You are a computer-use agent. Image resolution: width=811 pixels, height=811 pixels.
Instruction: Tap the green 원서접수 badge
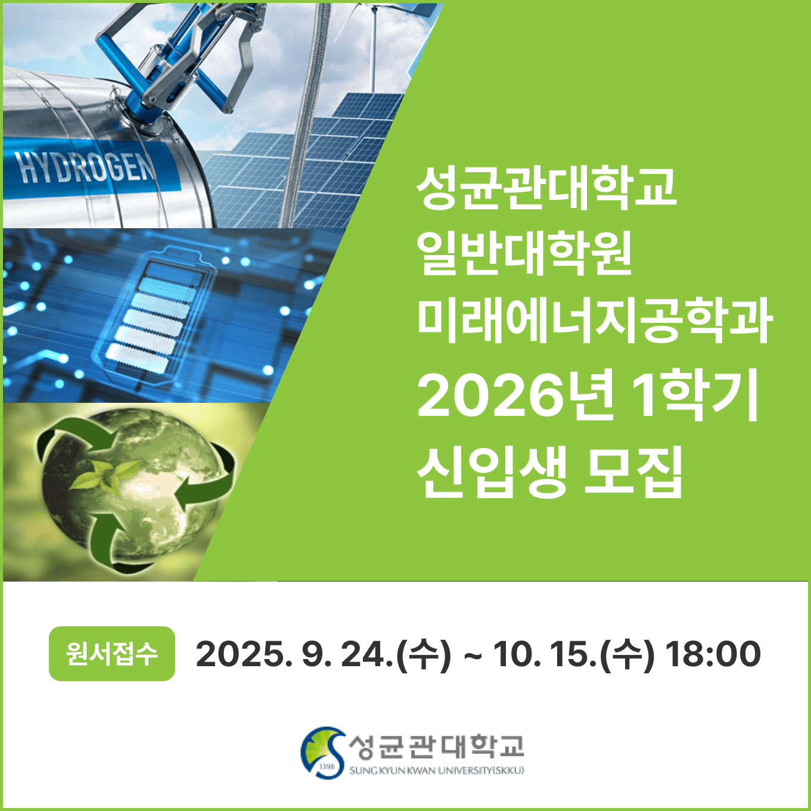[112, 654]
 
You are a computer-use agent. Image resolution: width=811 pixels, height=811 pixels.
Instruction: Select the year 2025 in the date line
[238, 654]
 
